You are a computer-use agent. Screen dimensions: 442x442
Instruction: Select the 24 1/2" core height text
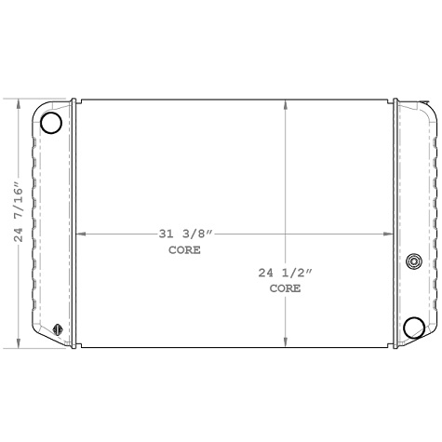coord(286,273)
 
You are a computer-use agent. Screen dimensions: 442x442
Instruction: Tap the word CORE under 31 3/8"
coord(184,250)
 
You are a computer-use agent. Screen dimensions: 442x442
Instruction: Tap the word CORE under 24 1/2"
coord(285,288)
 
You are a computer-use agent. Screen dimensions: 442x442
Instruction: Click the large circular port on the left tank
coord(52,122)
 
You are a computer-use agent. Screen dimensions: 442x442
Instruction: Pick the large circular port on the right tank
coord(414,327)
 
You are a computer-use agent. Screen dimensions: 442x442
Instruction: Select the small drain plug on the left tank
coord(58,328)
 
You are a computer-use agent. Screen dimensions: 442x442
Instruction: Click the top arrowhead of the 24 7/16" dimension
coord(19,102)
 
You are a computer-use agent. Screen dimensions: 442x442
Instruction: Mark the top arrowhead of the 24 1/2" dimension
coord(285,102)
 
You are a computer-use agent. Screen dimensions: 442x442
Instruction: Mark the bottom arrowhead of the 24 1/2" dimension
coord(285,343)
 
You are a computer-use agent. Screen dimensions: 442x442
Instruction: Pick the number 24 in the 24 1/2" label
coord(267,273)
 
